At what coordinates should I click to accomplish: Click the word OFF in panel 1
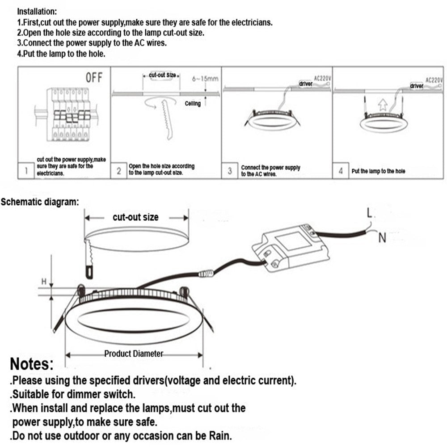pyautogui.click(x=94, y=78)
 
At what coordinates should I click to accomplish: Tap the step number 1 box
pyautogui.click(x=26, y=171)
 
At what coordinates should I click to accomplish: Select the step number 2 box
pyautogui.click(x=119, y=171)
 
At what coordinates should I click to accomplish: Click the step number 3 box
pyautogui.click(x=230, y=171)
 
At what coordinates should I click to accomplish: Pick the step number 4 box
pyautogui.click(x=341, y=171)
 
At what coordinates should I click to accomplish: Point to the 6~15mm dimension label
pyautogui.click(x=205, y=79)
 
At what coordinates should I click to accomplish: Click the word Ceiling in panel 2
pyautogui.click(x=193, y=104)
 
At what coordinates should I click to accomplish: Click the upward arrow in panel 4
pyautogui.click(x=382, y=105)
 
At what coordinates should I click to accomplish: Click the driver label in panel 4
pyautogui.click(x=417, y=86)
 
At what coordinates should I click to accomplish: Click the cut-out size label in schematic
pyautogui.click(x=135, y=217)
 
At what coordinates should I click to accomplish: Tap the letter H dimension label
pyautogui.click(x=44, y=281)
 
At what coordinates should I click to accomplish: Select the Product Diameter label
pyautogui.click(x=134, y=354)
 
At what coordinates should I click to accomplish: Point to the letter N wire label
pyautogui.click(x=382, y=238)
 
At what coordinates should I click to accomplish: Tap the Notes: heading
pyautogui.click(x=32, y=364)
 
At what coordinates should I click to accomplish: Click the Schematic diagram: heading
pyautogui.click(x=40, y=202)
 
